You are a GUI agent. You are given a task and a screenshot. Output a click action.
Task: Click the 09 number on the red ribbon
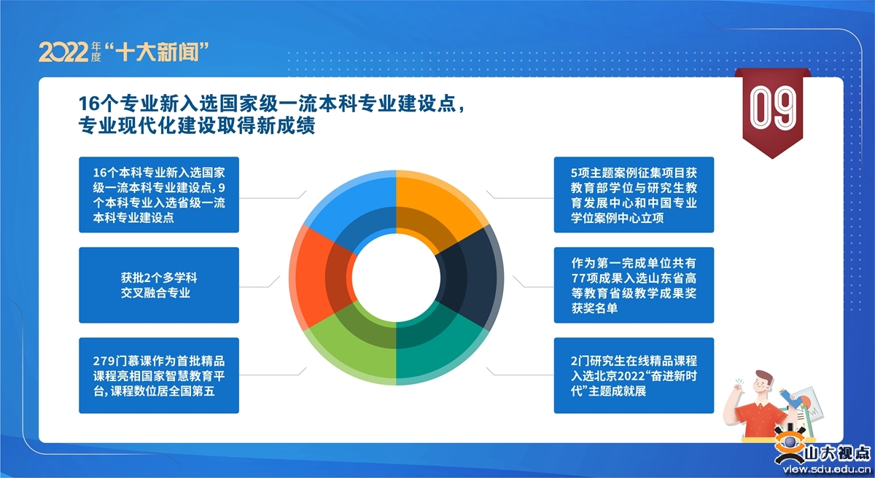[772, 108]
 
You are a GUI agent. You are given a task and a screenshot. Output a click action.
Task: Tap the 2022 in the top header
[63, 52]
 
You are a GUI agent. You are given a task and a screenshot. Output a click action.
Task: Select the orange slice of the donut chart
[437, 207]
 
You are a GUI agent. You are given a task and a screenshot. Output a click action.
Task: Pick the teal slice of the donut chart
[437, 348]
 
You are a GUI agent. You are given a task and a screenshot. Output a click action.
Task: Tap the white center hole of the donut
[396, 278]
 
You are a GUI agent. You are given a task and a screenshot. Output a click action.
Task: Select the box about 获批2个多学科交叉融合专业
[159, 285]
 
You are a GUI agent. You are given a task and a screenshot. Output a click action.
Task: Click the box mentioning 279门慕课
[159, 375]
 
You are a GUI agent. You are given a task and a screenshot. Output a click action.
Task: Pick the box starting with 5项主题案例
[634, 195]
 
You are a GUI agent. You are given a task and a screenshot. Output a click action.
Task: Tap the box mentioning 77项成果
[634, 285]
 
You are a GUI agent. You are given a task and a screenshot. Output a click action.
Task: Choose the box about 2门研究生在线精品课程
[634, 375]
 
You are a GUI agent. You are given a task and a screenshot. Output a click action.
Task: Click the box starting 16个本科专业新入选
[159, 195]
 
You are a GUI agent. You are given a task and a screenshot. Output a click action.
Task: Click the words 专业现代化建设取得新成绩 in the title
[197, 125]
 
